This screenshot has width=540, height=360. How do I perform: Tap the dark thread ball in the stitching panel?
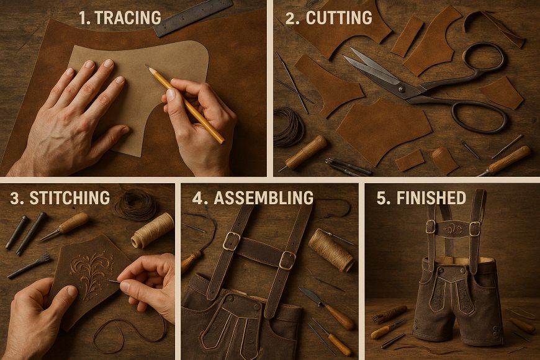136,204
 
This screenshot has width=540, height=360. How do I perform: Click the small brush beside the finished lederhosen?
390,313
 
